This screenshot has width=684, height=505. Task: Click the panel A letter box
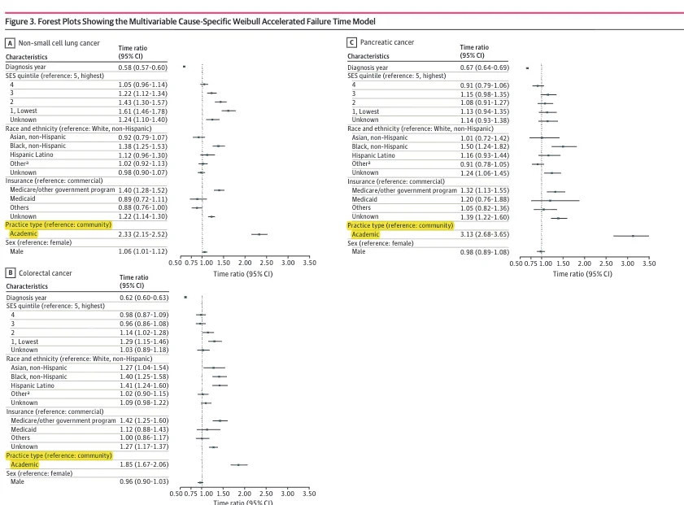(x=10, y=42)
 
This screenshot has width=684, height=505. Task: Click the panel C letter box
(x=351, y=42)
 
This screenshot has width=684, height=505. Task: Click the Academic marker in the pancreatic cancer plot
(x=633, y=235)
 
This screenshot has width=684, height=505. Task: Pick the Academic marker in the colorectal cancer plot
(x=238, y=464)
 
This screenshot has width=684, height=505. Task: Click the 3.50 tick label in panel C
(x=648, y=263)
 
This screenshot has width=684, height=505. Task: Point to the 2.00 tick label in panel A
(x=245, y=263)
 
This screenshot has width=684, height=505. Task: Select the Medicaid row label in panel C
(x=364, y=199)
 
